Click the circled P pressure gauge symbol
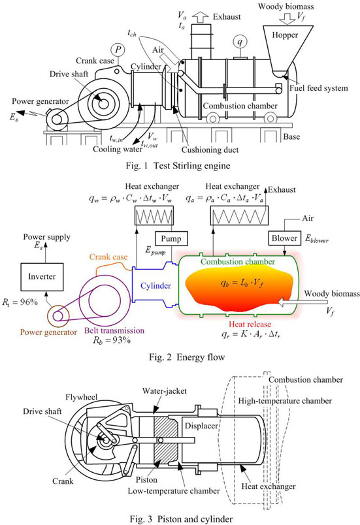pos(118,50)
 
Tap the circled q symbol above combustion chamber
pos(240,42)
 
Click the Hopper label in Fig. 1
pos(285,35)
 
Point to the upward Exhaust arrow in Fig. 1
pos(201,17)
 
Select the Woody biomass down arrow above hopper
pos(287,18)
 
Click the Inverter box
pos(42,277)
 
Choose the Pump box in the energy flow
pos(171,239)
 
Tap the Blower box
pos(284,238)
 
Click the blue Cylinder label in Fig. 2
pos(155,285)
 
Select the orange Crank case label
pos(108,257)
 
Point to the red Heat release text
pos(250,324)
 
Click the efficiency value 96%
pos(29,302)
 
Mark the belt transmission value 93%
pos(122,340)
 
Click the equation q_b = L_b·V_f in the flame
pos(242,283)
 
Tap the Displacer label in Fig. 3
pos(201,426)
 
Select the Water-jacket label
pos(165,390)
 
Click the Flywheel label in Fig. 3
pos(82,398)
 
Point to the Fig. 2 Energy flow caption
pos(187,357)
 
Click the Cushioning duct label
pos(210,150)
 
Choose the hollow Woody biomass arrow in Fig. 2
pos(303,304)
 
